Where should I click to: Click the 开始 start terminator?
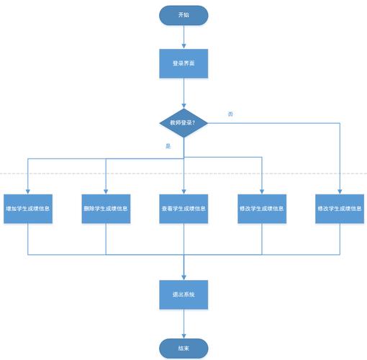point(183,14)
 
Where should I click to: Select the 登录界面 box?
point(183,63)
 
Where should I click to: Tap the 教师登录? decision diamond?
point(183,123)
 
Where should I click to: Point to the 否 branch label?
point(230,114)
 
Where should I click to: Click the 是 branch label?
point(168,146)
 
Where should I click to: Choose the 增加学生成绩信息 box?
point(27,208)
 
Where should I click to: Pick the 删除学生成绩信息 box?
point(106,208)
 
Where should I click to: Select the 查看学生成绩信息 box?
point(183,208)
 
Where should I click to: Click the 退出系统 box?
point(183,294)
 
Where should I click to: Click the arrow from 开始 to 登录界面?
point(183,36)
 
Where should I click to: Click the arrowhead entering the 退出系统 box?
point(183,277)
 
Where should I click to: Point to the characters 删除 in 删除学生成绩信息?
point(89,208)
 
